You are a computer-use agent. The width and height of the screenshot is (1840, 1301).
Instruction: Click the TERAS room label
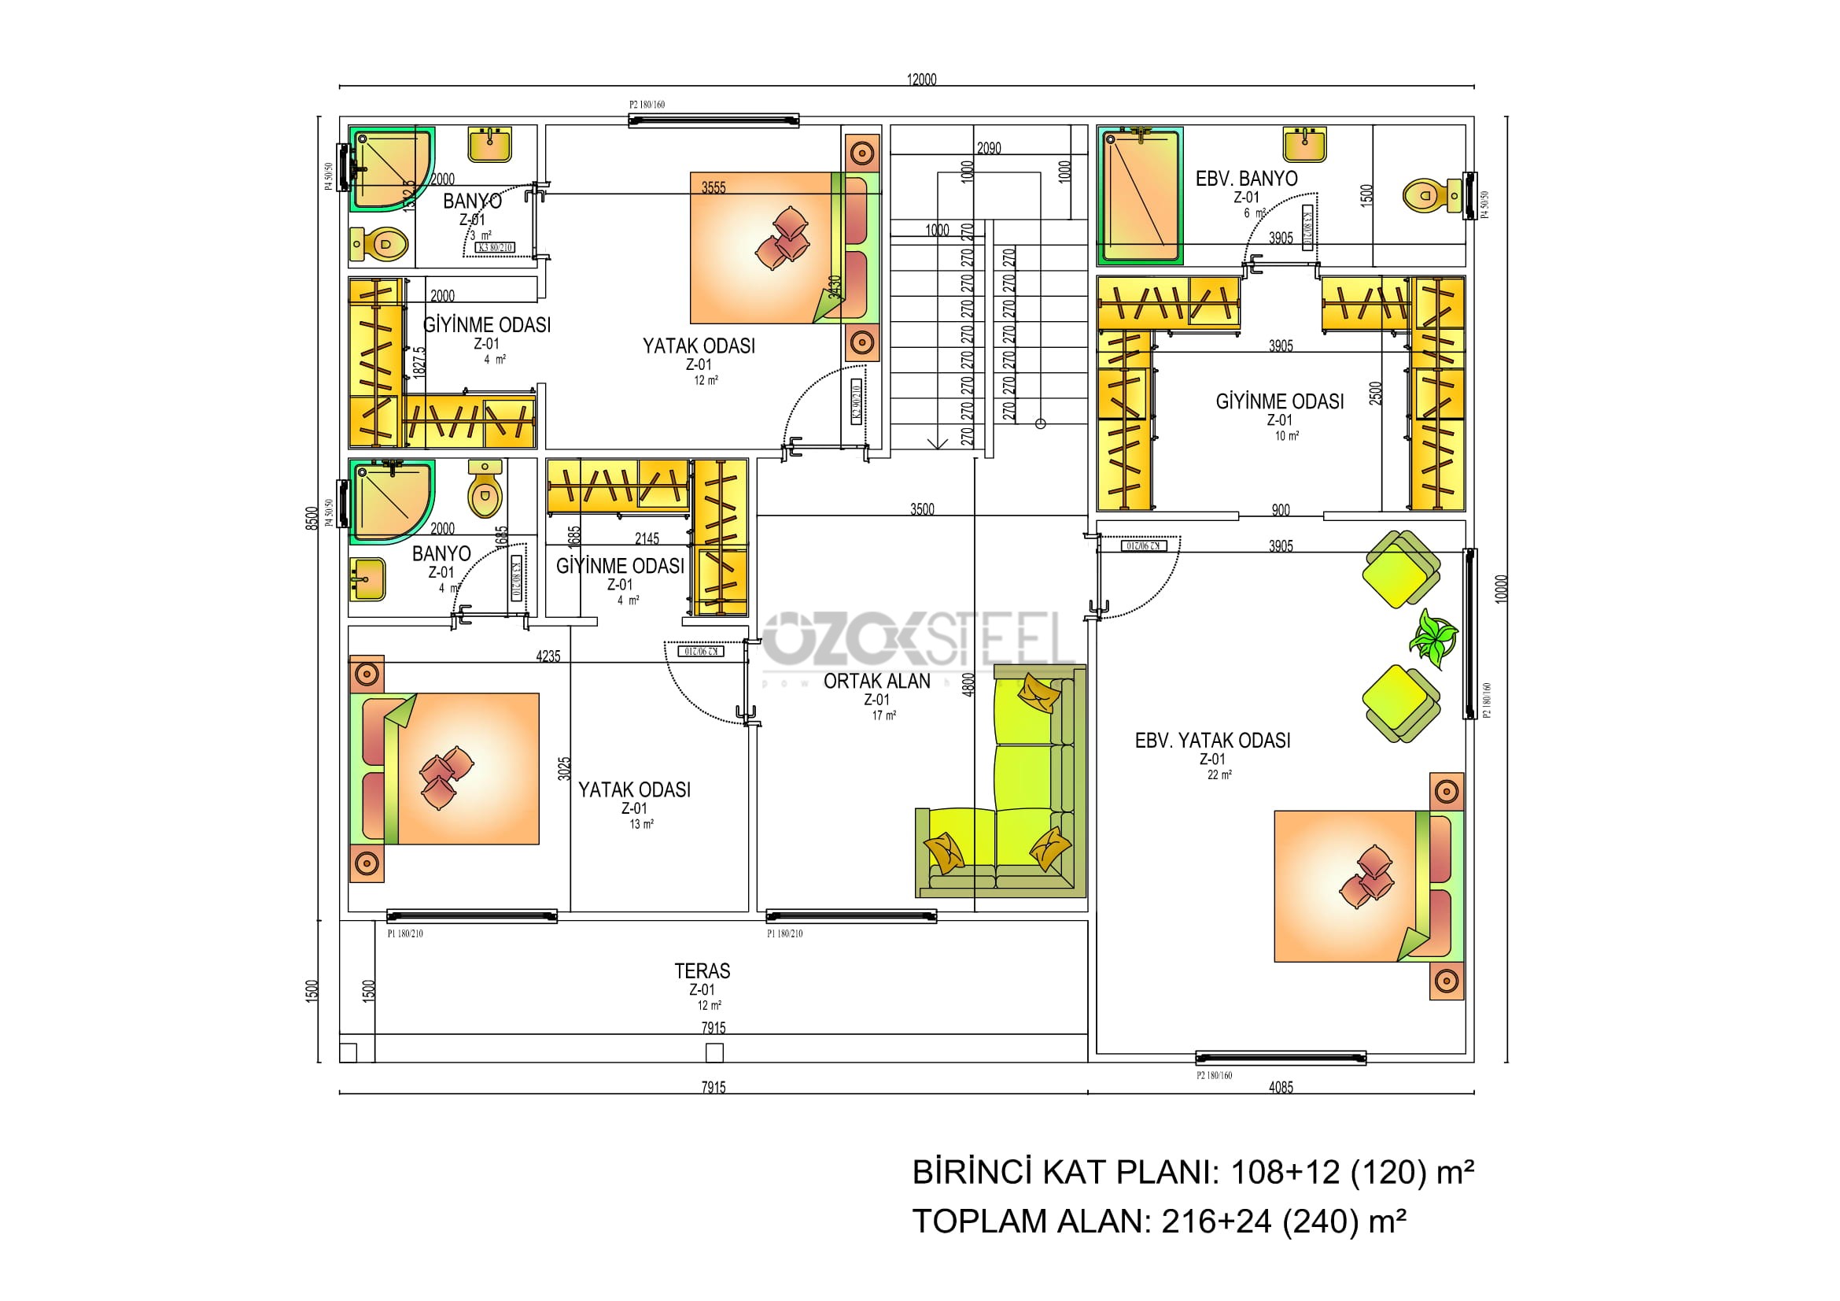[x=702, y=970]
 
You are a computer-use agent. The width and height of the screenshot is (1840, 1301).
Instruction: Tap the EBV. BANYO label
[x=1246, y=178]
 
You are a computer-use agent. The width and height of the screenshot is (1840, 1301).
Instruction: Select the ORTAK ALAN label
[x=876, y=681]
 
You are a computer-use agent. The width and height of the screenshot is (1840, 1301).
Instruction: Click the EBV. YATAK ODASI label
[x=1212, y=740]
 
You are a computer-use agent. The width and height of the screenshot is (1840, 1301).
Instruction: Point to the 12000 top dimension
[x=921, y=79]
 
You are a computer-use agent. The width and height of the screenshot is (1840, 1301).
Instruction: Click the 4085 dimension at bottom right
[x=1281, y=1087]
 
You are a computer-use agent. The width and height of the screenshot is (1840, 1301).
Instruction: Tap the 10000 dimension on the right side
[x=1501, y=589]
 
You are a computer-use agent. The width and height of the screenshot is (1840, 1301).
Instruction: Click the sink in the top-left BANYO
[x=489, y=143]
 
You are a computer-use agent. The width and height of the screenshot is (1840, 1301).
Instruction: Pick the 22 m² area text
[x=1219, y=774]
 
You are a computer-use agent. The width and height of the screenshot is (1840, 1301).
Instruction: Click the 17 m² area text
[x=883, y=715]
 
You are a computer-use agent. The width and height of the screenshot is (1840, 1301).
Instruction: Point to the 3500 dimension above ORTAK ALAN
[x=922, y=509]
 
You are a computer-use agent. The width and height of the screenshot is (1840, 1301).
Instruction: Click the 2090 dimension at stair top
[x=988, y=147]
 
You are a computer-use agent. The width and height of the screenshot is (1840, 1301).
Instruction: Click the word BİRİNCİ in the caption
[x=971, y=1172]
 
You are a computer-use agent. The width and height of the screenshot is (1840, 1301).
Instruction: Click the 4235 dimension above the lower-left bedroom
[x=548, y=656]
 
